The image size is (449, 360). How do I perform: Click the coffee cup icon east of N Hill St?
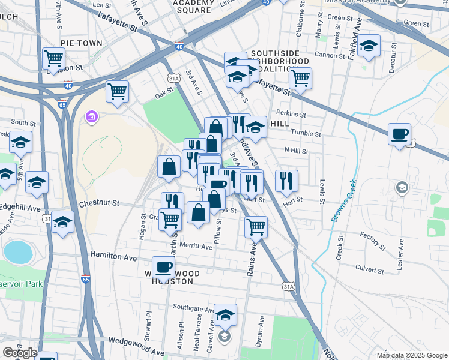pos(399,134)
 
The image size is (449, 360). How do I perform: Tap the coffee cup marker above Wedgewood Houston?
pos(163,266)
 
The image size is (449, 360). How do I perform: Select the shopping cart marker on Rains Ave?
pos(256,227)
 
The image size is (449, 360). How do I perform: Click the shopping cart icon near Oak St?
pos(117,92)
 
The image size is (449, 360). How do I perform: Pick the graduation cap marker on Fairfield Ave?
pos(369,46)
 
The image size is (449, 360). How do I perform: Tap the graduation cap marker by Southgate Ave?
pos(225,314)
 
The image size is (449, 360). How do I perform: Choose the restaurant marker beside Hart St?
pos(286,180)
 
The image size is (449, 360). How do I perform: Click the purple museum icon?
pos(92,115)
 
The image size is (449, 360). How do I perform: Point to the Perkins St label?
pos(291,113)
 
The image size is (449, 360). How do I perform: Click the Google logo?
pos(20,352)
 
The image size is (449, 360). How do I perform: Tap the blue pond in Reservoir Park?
pos(17,252)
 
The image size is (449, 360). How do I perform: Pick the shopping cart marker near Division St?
pos(53,58)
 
